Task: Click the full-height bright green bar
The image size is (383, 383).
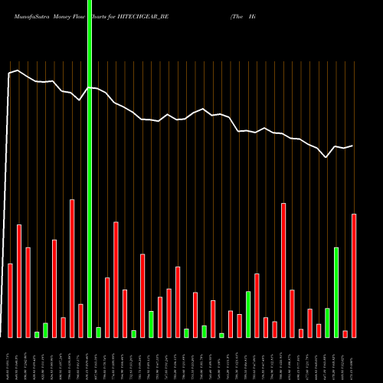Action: [90, 169]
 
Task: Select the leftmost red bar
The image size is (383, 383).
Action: [11, 300]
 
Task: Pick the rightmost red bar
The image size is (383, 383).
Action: [354, 275]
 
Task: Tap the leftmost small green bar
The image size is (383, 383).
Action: [37, 334]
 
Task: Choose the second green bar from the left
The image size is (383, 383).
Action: [45, 330]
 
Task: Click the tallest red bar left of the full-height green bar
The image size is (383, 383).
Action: [72, 268]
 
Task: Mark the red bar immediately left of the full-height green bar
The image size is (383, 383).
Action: [80, 320]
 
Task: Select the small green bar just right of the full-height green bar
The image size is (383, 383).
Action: [98, 332]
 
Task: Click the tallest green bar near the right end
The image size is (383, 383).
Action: [336, 292]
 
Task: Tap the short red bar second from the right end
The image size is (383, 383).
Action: [345, 333]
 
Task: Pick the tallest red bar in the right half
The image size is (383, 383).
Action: [283, 270]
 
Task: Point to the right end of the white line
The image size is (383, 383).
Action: [353, 146]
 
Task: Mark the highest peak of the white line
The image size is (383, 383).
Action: [18, 70]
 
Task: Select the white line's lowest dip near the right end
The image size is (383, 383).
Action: [327, 157]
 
